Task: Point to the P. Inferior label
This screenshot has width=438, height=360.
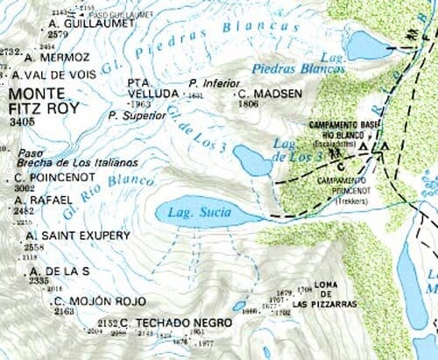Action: tap(209, 83)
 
